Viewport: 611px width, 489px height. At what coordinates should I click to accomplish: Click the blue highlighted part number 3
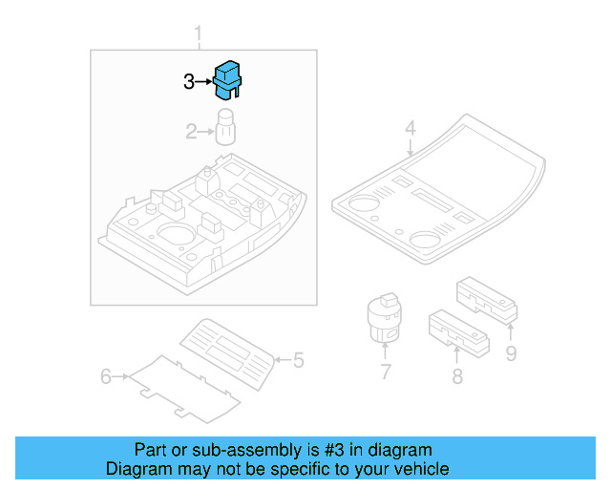pyautogui.click(x=227, y=79)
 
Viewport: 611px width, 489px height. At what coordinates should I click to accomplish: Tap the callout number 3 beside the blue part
pyautogui.click(x=189, y=83)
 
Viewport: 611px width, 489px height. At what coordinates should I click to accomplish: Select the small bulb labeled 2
pyautogui.click(x=226, y=127)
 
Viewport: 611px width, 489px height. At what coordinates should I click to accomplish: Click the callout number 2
pyautogui.click(x=191, y=132)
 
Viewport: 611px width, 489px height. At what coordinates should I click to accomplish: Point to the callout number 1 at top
pyautogui.click(x=199, y=36)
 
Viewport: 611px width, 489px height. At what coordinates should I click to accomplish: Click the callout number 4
pyautogui.click(x=410, y=128)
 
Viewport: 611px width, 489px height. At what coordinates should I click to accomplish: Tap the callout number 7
pyautogui.click(x=385, y=372)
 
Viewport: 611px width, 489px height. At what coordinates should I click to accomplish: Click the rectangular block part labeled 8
pyautogui.click(x=458, y=328)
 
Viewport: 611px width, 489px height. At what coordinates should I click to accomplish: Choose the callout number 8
pyautogui.click(x=457, y=376)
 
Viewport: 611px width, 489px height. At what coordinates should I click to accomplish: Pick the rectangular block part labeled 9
pyautogui.click(x=487, y=297)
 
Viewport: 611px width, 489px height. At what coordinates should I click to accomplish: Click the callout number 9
pyautogui.click(x=511, y=354)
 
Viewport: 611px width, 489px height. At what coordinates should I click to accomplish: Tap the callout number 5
pyautogui.click(x=298, y=360)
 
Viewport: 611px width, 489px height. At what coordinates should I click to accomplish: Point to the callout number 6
pyautogui.click(x=107, y=377)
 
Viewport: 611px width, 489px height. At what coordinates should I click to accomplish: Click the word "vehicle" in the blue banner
pyautogui.click(x=422, y=469)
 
